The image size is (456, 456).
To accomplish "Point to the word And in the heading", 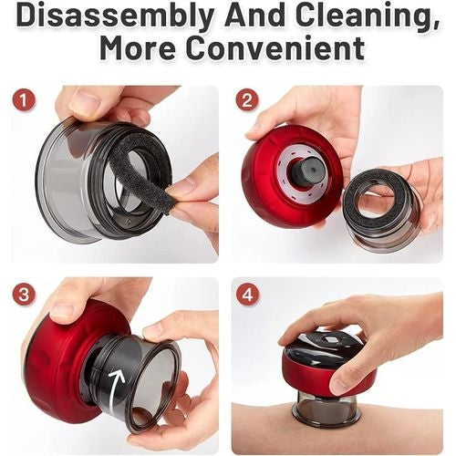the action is [254, 15].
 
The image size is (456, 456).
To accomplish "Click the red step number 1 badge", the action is [24, 100].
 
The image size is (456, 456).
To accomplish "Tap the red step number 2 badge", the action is [247, 100].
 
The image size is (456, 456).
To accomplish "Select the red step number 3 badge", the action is [24, 294].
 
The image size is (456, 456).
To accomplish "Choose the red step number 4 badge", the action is [248, 294].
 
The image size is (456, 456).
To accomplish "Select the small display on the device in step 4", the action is [329, 339].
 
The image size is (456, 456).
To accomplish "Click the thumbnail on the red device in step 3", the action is [62, 311].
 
